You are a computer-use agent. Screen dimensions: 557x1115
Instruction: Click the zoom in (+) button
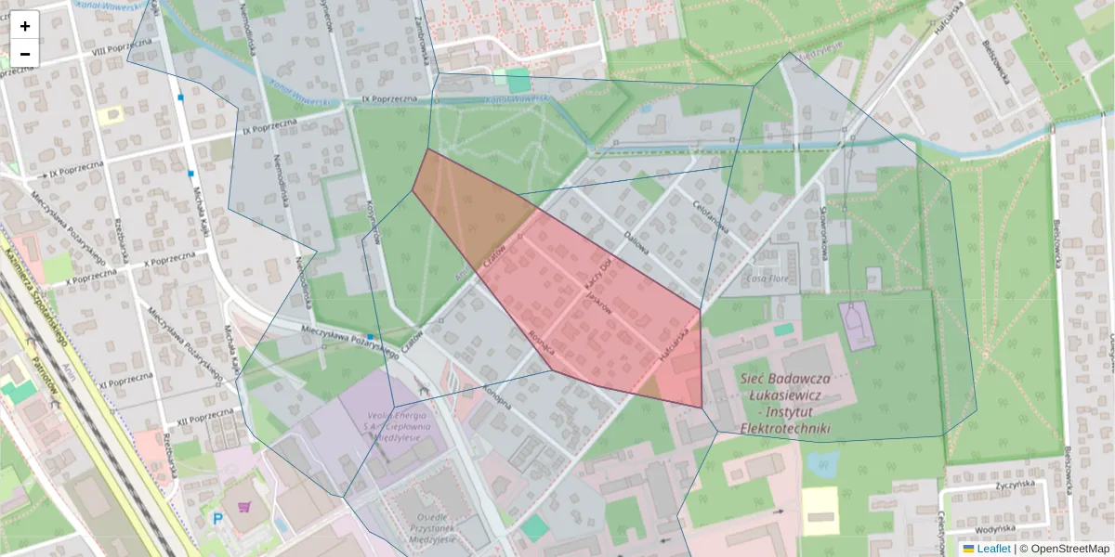click(x=25, y=27)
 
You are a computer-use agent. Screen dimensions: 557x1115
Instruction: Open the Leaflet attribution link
click(x=993, y=549)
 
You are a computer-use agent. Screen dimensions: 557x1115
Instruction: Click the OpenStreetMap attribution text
click(x=1069, y=549)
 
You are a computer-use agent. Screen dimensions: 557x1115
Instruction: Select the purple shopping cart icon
click(x=243, y=507)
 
